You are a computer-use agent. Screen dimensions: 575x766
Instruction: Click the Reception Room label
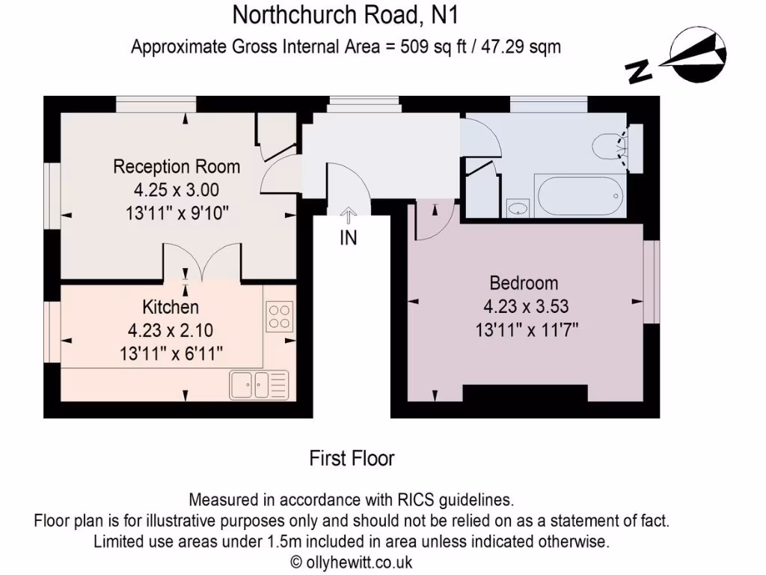(x=177, y=166)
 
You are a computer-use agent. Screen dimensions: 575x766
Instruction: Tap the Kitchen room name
(x=171, y=307)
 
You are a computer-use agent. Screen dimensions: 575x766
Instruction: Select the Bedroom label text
(x=524, y=283)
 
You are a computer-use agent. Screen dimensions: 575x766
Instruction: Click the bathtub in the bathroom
(x=579, y=196)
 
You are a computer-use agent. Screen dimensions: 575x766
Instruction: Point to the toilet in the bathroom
(x=610, y=147)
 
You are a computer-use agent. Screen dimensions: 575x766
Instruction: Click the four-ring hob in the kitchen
(x=280, y=315)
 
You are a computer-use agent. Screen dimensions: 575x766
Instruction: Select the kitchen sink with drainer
(x=258, y=384)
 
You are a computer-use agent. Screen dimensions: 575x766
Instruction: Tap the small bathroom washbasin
(x=517, y=207)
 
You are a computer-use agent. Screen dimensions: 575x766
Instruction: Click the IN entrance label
(x=349, y=239)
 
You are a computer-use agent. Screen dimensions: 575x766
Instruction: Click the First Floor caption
(x=352, y=458)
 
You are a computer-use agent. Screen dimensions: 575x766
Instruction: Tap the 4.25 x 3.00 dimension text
(x=177, y=189)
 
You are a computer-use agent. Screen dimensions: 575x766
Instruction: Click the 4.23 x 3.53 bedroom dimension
(x=524, y=305)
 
